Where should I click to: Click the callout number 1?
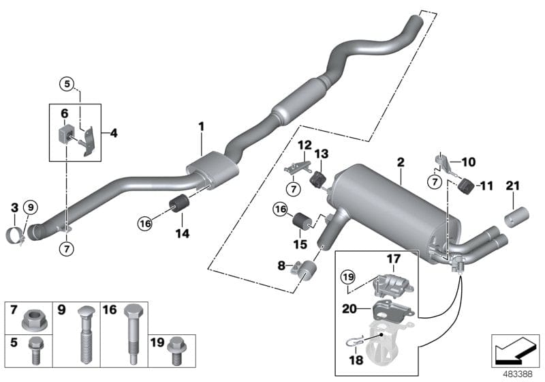[x=201, y=126]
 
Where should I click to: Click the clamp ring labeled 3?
[x=18, y=235]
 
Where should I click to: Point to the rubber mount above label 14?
[x=179, y=204]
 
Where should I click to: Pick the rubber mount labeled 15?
[x=302, y=222]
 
